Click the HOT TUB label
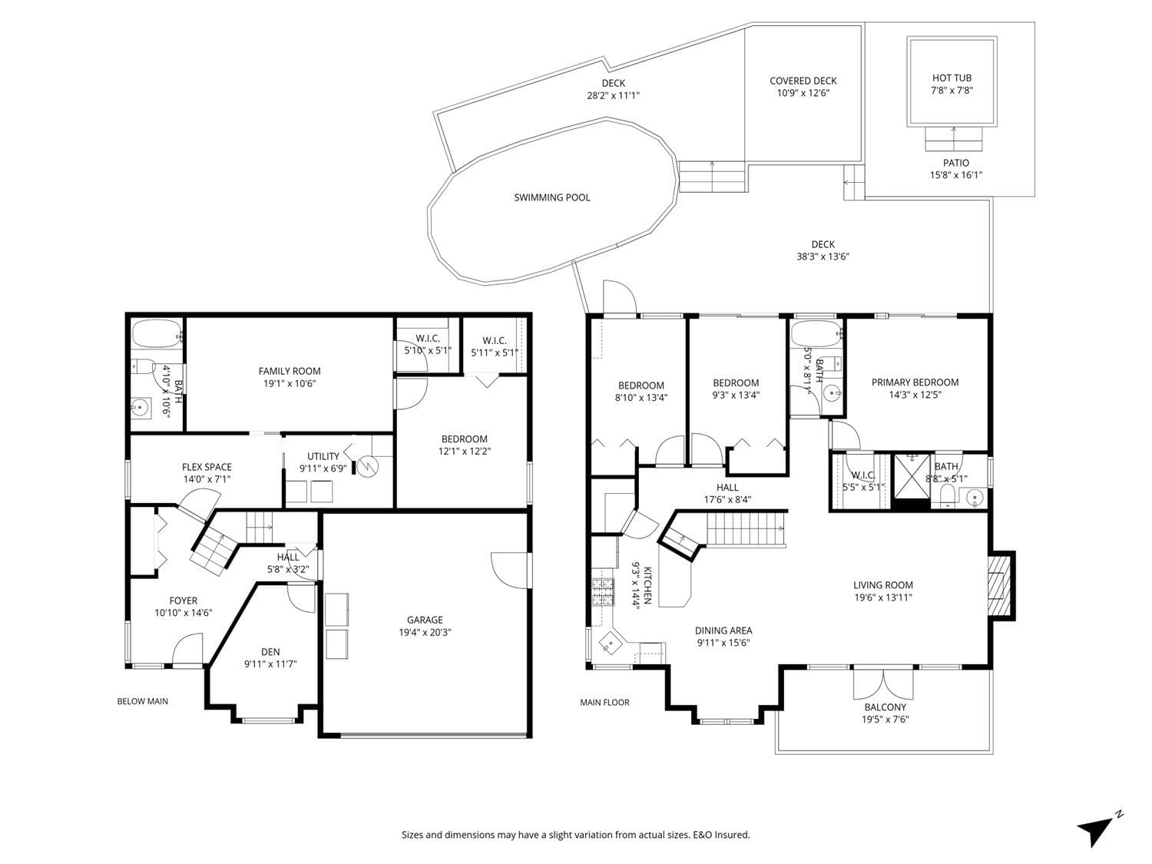(x=952, y=78)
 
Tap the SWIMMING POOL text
(x=551, y=198)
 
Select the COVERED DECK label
(x=803, y=81)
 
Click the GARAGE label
(x=425, y=620)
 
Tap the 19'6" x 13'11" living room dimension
(x=882, y=598)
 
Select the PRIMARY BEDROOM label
(x=915, y=382)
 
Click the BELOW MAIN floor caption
(x=142, y=701)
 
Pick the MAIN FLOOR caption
(x=604, y=703)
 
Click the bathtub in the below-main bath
(x=157, y=334)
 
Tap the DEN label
(x=270, y=652)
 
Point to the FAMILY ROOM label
(x=290, y=371)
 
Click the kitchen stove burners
(x=603, y=592)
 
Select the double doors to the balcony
(x=884, y=683)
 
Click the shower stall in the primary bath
(x=912, y=476)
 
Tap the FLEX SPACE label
(x=207, y=467)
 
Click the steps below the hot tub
(x=954, y=139)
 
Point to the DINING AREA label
(x=723, y=631)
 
